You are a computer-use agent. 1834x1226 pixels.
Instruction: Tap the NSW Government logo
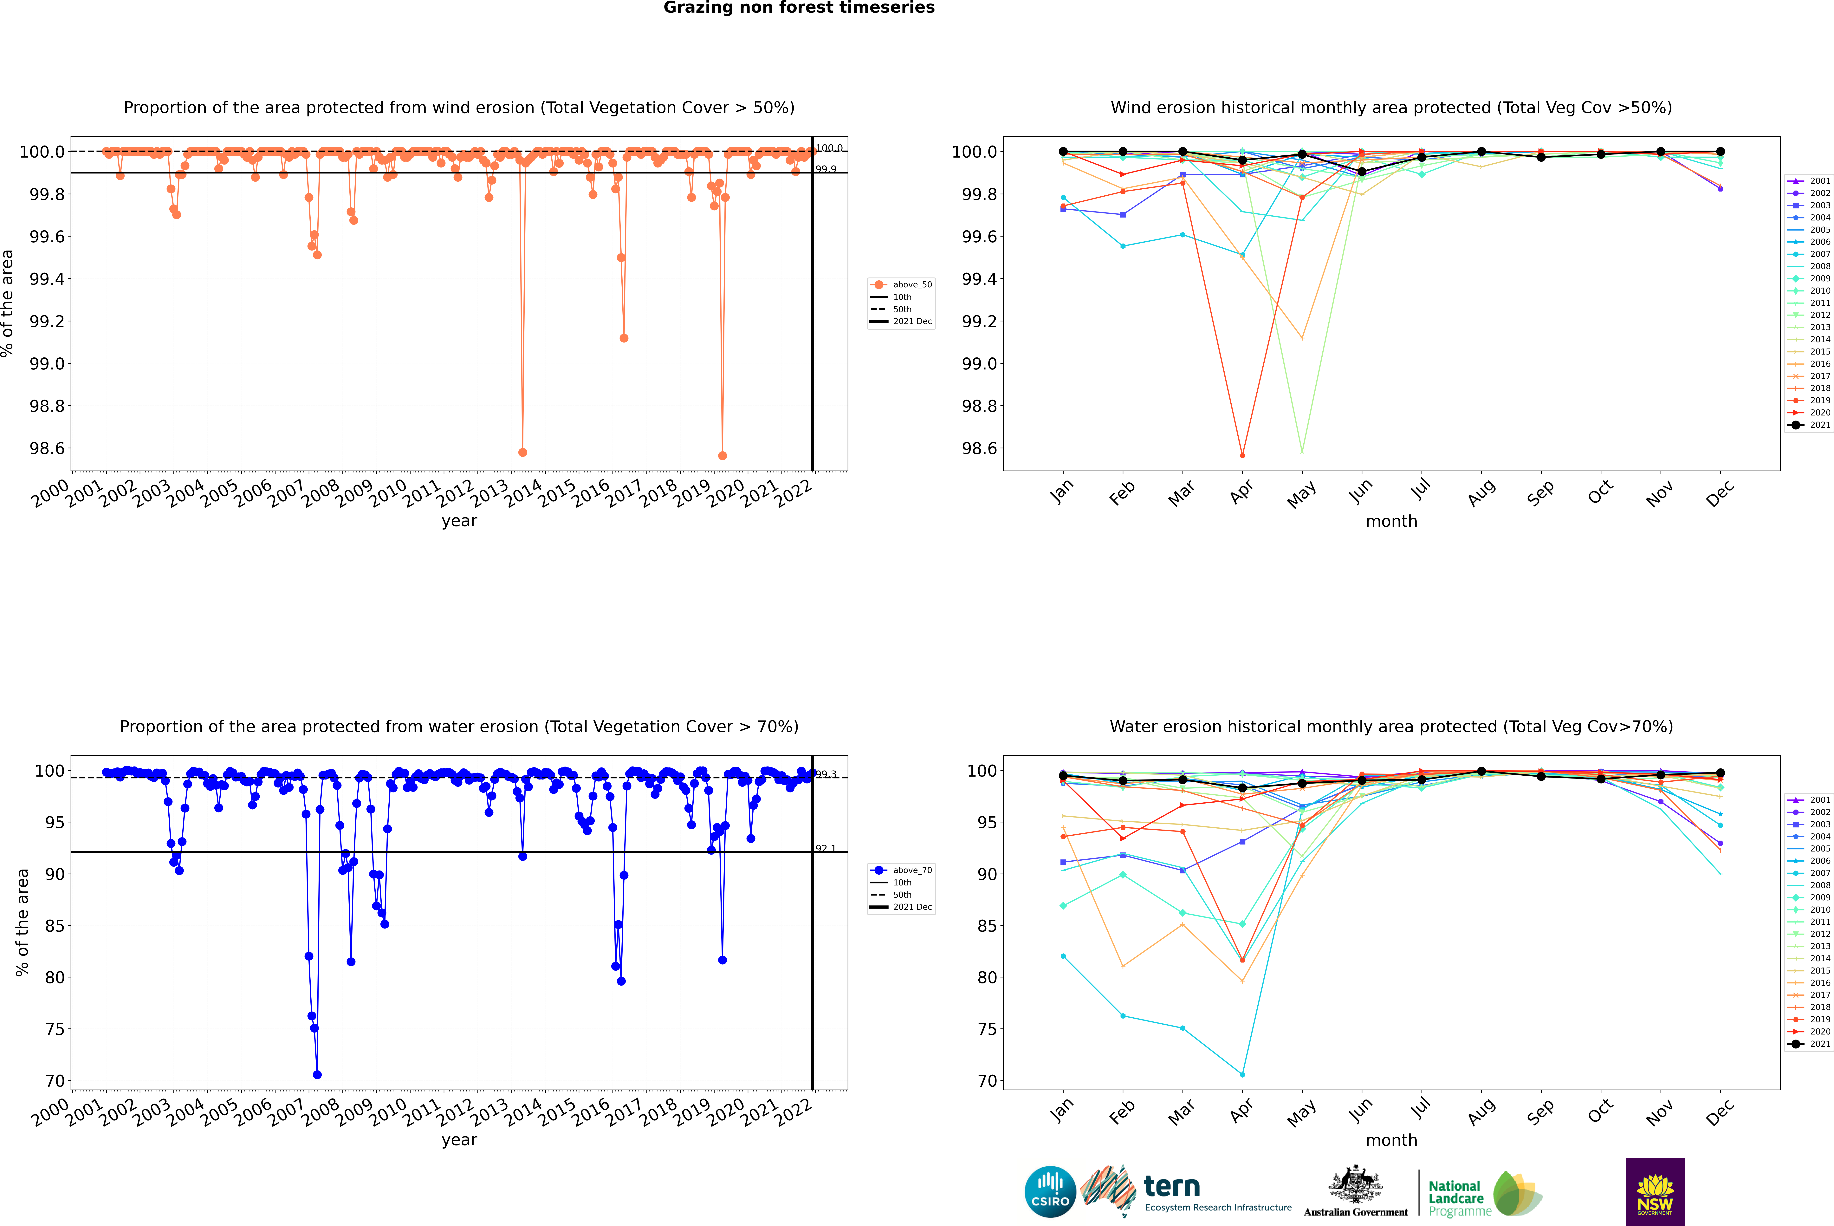coord(1655,1192)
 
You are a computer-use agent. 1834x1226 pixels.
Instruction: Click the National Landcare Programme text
coord(1456,1198)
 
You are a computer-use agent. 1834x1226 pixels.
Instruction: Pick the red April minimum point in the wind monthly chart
coord(1242,455)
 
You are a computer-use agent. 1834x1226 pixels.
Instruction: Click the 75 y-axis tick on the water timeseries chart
coord(55,1029)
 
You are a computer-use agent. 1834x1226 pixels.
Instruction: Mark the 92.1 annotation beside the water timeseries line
coord(826,848)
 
